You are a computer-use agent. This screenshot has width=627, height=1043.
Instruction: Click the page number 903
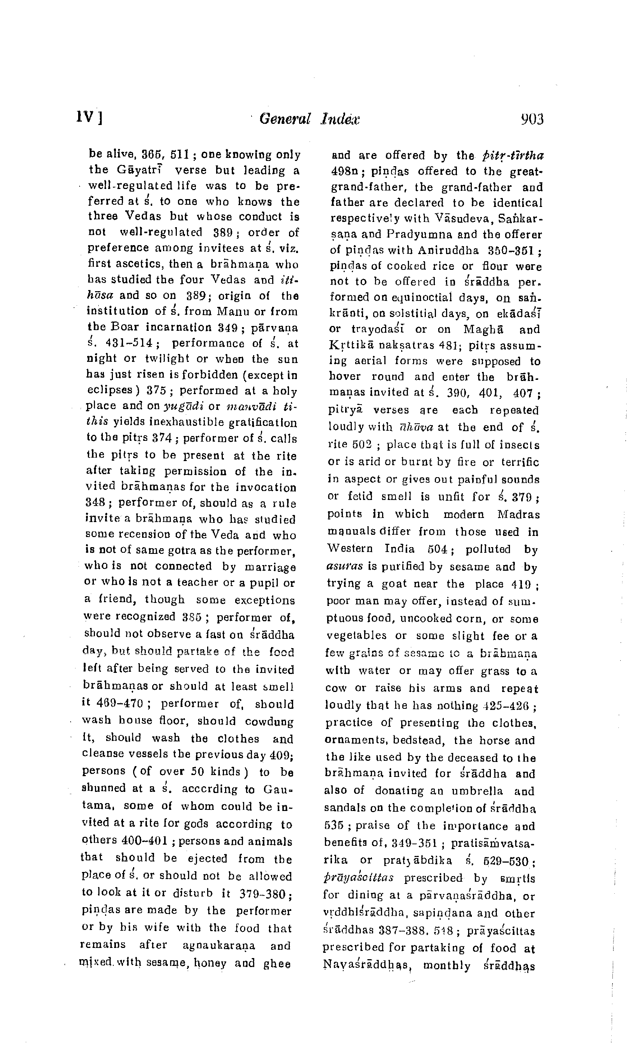tap(532, 120)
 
